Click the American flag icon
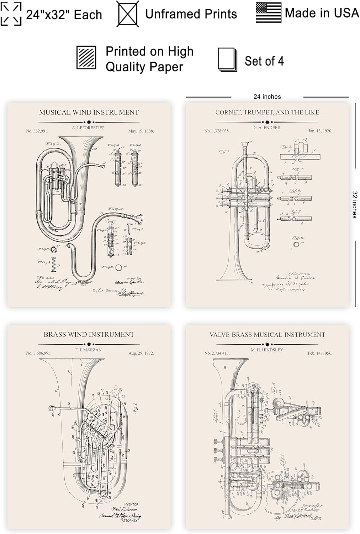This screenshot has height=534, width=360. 268,13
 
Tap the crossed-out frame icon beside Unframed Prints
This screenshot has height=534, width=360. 128,14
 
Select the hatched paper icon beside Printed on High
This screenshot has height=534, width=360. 86,58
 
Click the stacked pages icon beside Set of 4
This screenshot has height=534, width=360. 227,60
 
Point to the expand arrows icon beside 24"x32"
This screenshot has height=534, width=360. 11,14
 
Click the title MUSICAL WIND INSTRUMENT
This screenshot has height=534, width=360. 89,112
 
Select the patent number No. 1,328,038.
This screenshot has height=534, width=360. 217,131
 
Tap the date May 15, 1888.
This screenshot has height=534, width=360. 141,131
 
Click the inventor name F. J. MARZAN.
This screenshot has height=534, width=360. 89,350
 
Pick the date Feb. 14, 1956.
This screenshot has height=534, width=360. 320,353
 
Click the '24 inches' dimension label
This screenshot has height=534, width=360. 267,97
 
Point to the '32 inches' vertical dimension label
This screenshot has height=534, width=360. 355,205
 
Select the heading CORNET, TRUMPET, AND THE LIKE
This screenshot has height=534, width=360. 267,112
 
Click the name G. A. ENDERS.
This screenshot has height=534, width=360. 267,127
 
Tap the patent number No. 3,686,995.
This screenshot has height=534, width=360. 38,353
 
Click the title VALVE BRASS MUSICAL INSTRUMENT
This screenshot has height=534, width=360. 267,335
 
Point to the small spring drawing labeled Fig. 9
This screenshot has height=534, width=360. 54,263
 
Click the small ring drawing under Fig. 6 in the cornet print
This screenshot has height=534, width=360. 296,245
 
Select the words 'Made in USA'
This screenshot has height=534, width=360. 322,13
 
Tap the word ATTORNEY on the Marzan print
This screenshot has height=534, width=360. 130,520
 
